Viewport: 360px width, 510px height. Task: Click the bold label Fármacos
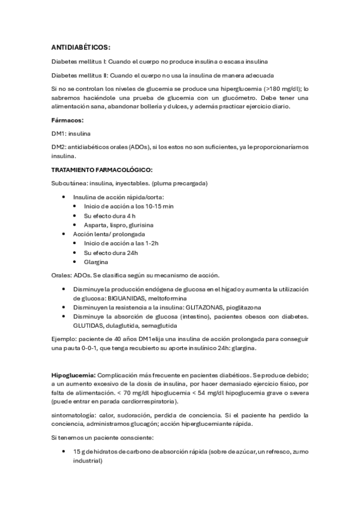pyautogui.click(x=67, y=120)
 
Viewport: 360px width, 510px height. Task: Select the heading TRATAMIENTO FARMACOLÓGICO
pyautogui.click(x=102, y=170)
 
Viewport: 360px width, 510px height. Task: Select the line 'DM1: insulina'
pyautogui.click(x=70, y=132)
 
